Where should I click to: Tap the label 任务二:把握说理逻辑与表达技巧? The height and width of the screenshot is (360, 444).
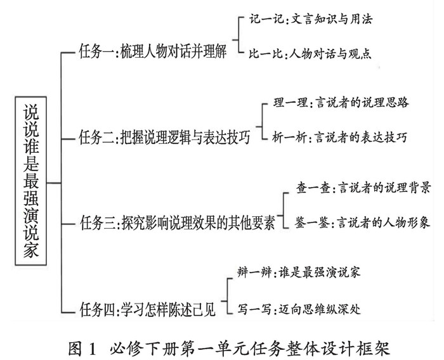pos(162,136)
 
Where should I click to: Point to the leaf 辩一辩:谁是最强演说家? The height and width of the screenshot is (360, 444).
pos(303,276)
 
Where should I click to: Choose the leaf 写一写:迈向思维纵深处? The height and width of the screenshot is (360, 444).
pos(303,310)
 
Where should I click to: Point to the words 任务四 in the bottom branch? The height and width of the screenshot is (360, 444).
pos(97,310)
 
